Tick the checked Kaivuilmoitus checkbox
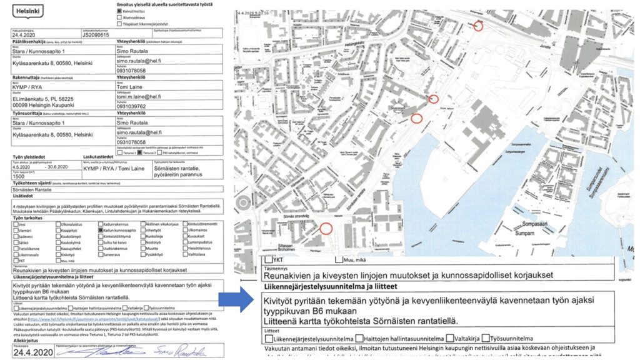pyautogui.click(x=119, y=11)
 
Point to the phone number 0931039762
pyautogui.click(x=134, y=106)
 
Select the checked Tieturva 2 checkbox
pyautogui.click(x=140, y=152)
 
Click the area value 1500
pyautogui.click(x=19, y=177)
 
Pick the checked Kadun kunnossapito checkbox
pyautogui.click(x=100, y=230)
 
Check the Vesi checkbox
pyautogui.click(x=16, y=224)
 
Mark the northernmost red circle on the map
pyautogui.click(x=478, y=26)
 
